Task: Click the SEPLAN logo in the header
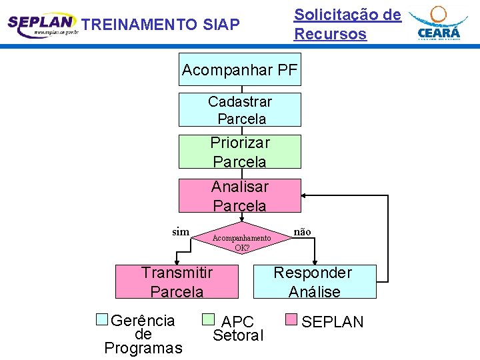tap(41, 25)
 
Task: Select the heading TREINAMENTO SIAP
tap(160, 25)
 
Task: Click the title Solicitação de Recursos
tap(347, 25)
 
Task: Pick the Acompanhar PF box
tap(240, 70)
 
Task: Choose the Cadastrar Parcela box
tap(240, 110)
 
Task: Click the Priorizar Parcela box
tap(240, 152)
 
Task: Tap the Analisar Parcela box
tap(240, 196)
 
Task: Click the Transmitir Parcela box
tap(177, 282)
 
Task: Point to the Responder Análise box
tap(315, 282)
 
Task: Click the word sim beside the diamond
tap(181, 232)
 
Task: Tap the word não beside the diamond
tap(303, 232)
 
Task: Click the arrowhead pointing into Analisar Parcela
tap(305, 196)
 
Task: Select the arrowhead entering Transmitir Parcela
tap(177, 261)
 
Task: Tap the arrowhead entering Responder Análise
tap(315, 261)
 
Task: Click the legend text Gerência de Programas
tap(143, 334)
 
